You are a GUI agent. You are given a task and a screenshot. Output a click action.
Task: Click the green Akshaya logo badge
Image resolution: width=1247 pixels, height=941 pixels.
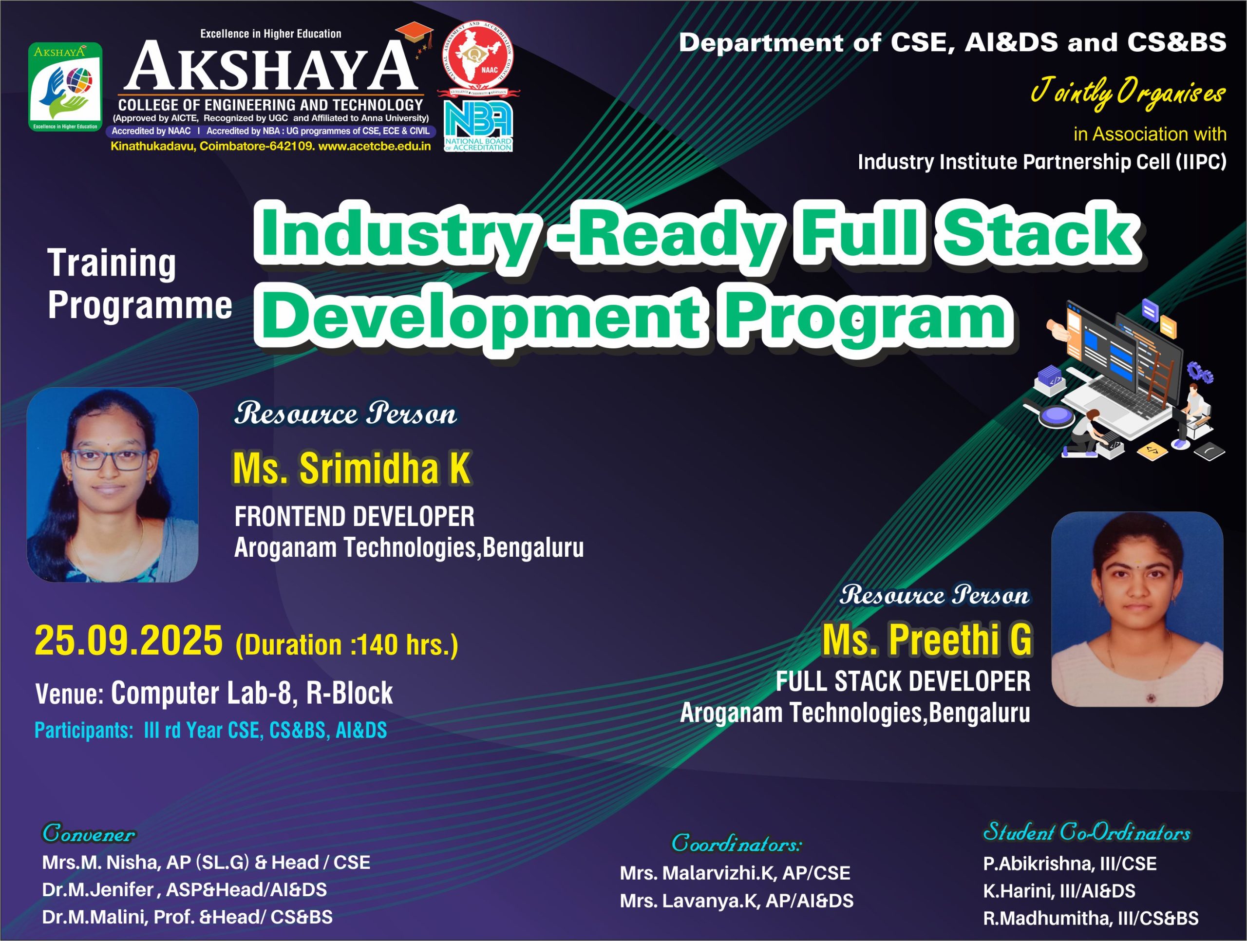(65, 87)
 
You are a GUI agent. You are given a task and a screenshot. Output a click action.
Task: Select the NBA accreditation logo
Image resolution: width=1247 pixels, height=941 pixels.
(478, 126)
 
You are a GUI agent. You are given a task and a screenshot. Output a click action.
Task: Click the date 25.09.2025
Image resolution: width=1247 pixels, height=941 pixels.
(129, 641)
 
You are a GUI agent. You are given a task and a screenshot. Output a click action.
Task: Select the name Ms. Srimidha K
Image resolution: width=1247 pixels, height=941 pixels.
(352, 468)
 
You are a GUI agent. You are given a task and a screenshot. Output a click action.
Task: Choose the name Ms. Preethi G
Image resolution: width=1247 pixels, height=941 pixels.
(927, 640)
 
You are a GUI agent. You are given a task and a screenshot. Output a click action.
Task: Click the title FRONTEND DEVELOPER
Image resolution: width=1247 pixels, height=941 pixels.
(355, 516)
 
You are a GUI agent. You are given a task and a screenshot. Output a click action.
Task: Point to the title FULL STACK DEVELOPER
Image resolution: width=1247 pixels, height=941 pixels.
(903, 681)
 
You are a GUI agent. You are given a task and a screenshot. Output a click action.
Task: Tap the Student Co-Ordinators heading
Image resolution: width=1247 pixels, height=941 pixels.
(1086, 831)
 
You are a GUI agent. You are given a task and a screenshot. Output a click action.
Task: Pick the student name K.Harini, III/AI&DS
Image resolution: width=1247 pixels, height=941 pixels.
(1059, 891)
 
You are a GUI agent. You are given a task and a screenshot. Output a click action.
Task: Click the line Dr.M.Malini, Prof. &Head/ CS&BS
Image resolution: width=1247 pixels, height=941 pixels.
(187, 917)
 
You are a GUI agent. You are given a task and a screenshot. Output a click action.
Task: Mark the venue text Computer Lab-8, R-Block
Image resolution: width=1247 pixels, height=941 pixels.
(252, 693)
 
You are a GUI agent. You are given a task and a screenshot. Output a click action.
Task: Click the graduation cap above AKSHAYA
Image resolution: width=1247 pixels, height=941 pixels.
(415, 35)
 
